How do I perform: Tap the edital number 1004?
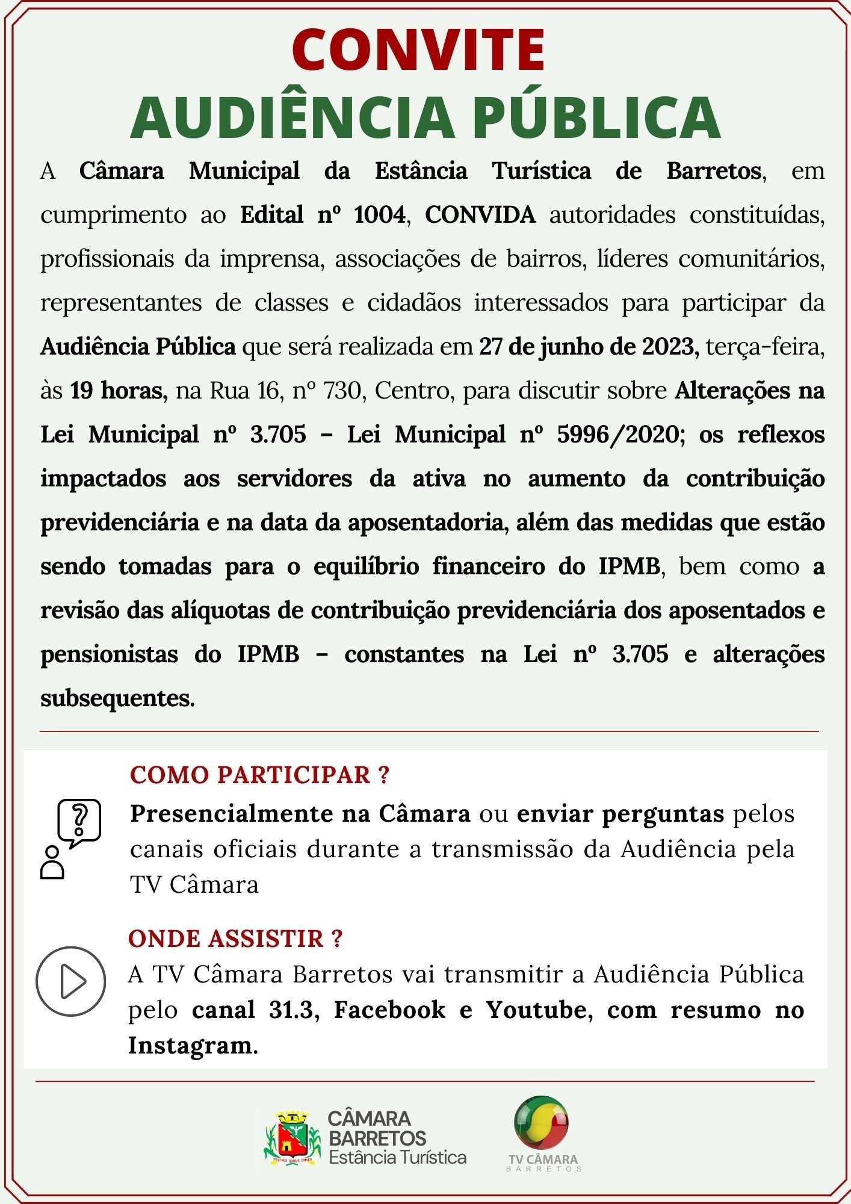[380, 215]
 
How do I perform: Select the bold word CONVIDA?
[480, 215]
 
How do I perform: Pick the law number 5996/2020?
[617, 435]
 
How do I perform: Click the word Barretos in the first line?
[714, 172]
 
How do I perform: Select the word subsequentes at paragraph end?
[117, 698]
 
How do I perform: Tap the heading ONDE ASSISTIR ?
[235, 939]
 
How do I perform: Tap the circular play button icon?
[71, 982]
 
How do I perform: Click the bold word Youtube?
[536, 1010]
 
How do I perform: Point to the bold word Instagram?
[190, 1045]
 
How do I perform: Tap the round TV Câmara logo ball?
[541, 1123]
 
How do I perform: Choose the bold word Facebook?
[389, 1010]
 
